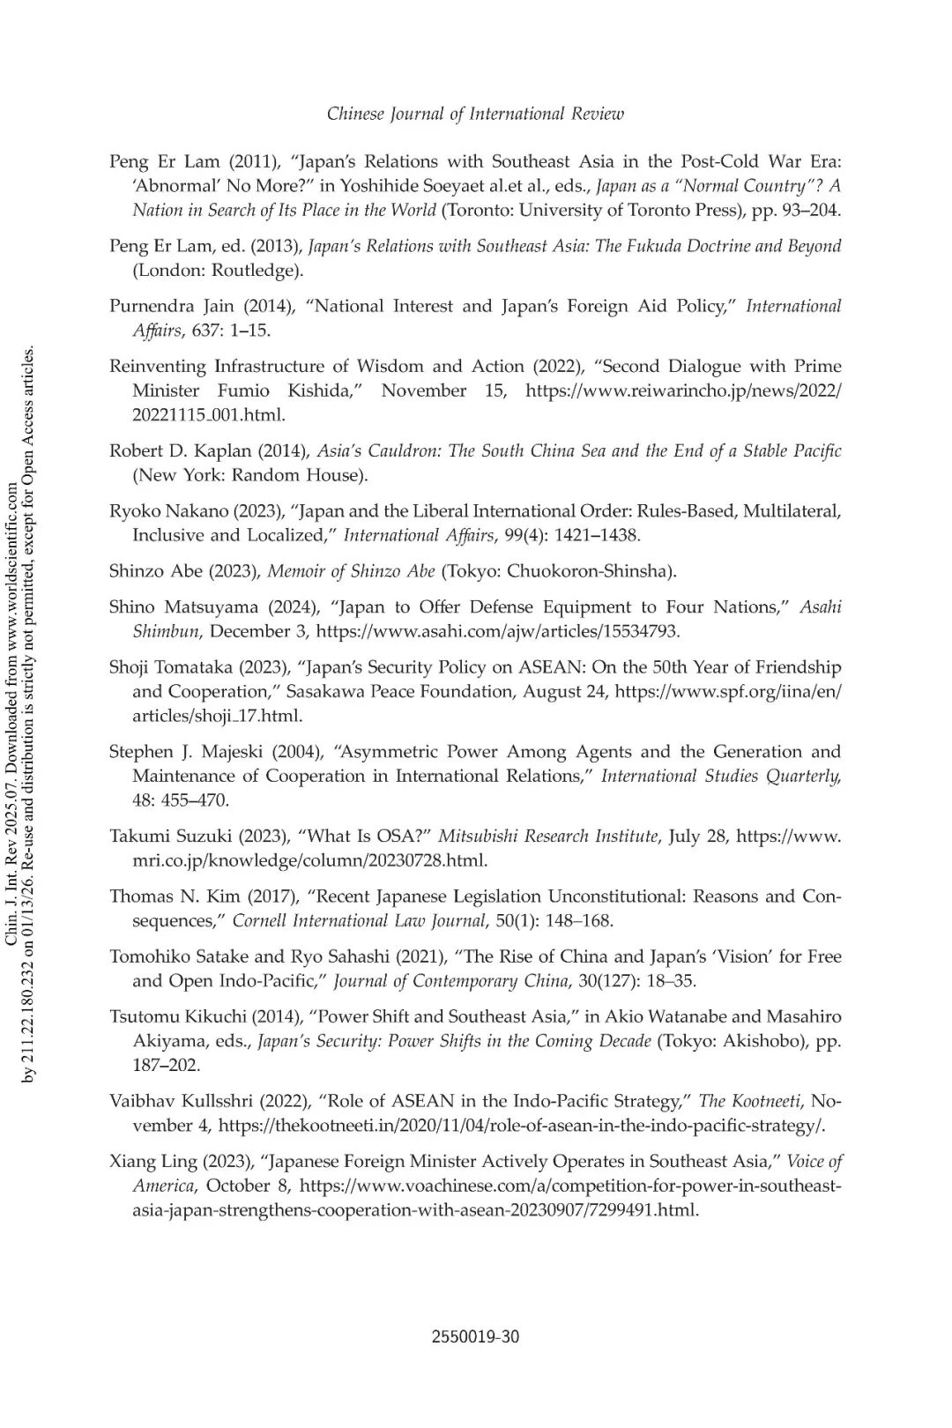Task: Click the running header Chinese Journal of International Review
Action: (x=475, y=114)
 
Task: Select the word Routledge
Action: (x=256, y=270)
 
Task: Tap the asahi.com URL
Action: (x=497, y=631)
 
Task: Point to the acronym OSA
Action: (x=396, y=836)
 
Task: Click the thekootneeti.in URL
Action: (x=521, y=1126)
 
